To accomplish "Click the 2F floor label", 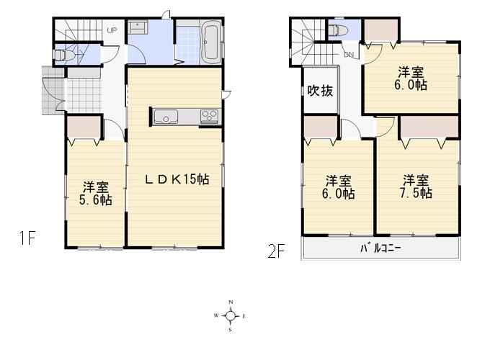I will pos(277,252).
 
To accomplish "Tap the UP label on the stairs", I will pos(112,30).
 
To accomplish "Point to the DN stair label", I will pos(349,55).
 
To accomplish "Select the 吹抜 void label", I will pos(319,91).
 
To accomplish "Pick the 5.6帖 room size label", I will pos(95,200).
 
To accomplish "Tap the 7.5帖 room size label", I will pos(416,193).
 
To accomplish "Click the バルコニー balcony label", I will pos(380,248).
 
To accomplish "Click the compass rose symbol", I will pos(230,315).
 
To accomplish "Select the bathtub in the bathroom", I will pos(210,41).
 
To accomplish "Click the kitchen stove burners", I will pos(210,116).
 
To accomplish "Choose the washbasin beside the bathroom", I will pos(138,28).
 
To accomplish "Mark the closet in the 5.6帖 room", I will pos(84,127).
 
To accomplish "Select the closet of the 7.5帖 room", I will pos(429,127).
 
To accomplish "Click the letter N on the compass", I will pos(231,302).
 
